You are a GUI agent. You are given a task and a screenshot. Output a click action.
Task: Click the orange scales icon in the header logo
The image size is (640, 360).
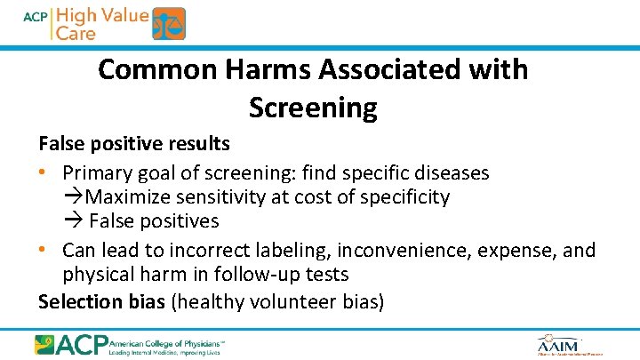pyautogui.click(x=169, y=24)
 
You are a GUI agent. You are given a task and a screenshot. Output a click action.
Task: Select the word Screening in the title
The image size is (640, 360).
pyautogui.click(x=313, y=108)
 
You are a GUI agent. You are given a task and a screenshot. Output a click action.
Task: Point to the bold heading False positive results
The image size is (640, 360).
pyautogui.click(x=133, y=143)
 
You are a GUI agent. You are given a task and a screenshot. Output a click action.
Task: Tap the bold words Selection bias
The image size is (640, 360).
pyautogui.click(x=101, y=301)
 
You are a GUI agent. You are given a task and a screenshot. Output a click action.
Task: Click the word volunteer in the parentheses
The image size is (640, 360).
pyautogui.click(x=288, y=301)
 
